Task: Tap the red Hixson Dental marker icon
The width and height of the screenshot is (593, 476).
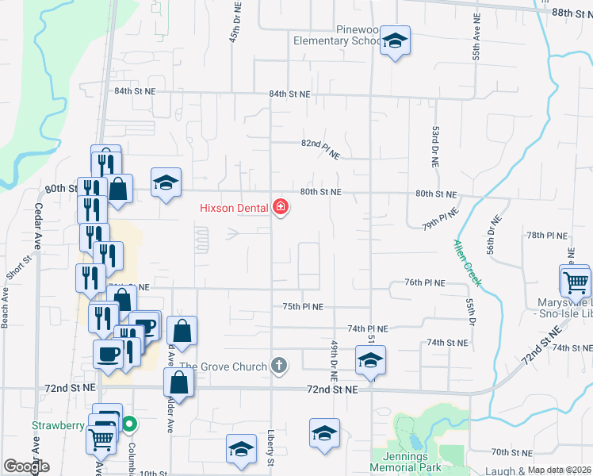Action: tap(280, 207)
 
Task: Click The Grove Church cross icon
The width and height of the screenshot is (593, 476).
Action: tap(278, 365)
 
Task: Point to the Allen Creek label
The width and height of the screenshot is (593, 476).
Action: tap(467, 263)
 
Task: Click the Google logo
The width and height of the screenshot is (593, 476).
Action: tap(27, 466)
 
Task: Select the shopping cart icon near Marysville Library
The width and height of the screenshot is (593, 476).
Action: tap(576, 282)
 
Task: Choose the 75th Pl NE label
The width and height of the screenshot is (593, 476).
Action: tap(302, 306)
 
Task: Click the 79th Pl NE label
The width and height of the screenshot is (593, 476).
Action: tap(441, 220)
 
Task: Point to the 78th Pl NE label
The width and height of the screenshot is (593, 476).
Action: tap(547, 236)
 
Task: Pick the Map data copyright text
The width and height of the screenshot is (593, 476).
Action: tap(560, 470)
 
